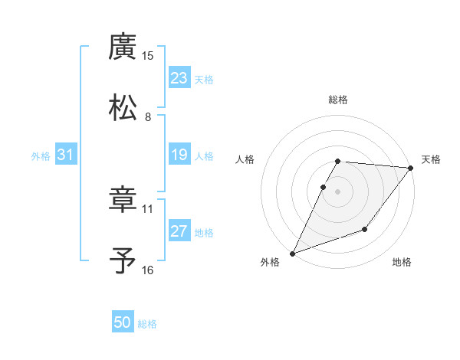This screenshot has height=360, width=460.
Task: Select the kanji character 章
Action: (x=123, y=199)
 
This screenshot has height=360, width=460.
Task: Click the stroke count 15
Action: (x=148, y=56)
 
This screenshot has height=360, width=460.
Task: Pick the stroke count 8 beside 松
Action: (x=148, y=117)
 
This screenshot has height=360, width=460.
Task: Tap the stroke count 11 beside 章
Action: (x=148, y=208)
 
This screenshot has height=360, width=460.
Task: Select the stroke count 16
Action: (x=148, y=270)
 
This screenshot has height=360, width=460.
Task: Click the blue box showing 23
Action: (x=179, y=78)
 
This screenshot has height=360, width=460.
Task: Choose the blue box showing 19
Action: (x=179, y=155)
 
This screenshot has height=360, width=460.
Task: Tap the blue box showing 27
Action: (x=179, y=232)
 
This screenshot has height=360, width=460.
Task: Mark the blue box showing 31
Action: (x=66, y=155)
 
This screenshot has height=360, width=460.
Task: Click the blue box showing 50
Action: (x=123, y=323)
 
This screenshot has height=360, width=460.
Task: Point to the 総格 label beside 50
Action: (x=147, y=324)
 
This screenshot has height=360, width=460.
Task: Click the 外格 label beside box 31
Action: (x=41, y=156)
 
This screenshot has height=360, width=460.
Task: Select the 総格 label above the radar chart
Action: (x=338, y=100)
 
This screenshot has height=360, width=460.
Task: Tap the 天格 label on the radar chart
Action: (x=431, y=159)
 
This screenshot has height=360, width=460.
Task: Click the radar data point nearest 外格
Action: (x=292, y=254)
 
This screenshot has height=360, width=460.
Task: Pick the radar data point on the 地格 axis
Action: (x=365, y=229)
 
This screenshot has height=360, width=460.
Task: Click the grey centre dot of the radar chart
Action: (x=338, y=191)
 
